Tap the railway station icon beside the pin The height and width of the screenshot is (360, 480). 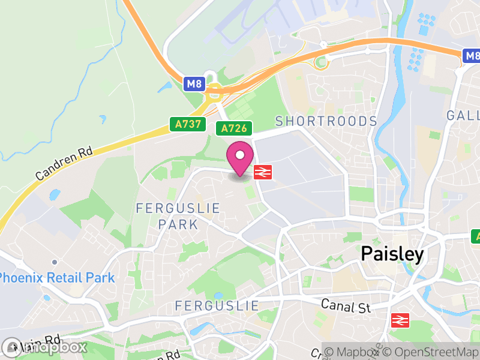263,172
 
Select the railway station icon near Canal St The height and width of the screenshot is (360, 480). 400,320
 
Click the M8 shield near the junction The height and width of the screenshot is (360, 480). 194,84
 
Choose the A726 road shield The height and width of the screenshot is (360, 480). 234,128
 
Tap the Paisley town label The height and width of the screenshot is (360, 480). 392,254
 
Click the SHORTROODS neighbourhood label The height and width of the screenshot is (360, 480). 326,121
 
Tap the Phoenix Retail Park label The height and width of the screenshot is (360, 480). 57,278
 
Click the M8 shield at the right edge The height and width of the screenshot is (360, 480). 472,56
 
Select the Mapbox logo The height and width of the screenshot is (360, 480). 45,347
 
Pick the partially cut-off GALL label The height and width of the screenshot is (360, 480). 463,115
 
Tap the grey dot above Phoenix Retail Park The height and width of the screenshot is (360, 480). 55,262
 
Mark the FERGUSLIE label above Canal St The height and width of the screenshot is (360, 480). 217,305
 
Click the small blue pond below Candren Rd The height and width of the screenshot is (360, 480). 55,194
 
